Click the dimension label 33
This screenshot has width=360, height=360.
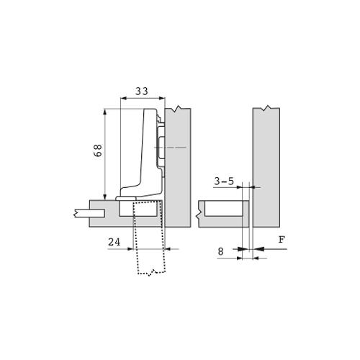pos(142,91)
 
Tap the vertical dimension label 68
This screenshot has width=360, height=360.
pos(98,150)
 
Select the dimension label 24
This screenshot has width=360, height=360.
pos(114,242)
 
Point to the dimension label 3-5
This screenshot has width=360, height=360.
pos(224,181)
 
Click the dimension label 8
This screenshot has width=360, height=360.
pos(220,251)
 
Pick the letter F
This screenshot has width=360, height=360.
pos(282,240)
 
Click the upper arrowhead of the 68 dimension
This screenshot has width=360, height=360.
pos(105,112)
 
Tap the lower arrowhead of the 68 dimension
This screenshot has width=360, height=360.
pos(105,197)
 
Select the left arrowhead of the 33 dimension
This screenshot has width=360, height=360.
pos(123,98)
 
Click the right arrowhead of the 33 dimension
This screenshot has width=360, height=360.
pos(162,98)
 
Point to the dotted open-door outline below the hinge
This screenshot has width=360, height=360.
pos(149,238)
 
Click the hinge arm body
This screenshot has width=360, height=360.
pos(142,153)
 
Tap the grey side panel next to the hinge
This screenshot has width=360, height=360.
pos(178,167)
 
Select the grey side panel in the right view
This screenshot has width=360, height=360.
pos(266,167)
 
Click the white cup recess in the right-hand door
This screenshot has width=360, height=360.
pos(224,209)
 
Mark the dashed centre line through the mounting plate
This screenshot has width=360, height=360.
pos(170,147)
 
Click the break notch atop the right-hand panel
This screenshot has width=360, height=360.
pos(266,108)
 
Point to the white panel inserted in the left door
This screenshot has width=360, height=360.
pos(89,213)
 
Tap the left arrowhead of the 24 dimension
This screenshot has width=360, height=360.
pos(130,249)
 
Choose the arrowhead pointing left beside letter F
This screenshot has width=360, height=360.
pos(258,249)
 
